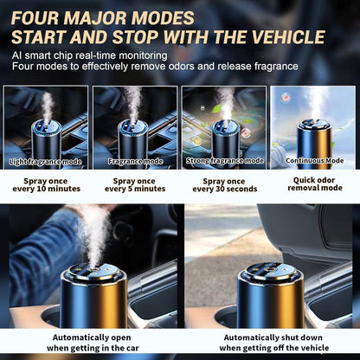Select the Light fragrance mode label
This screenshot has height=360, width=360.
[46, 161]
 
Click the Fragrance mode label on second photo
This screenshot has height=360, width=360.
[135, 161]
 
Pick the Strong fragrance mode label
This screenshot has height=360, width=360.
[223, 161]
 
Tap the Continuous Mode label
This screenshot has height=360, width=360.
[314, 161]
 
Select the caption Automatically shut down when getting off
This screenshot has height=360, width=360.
[269, 342]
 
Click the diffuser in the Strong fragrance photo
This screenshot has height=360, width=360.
[225, 138]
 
